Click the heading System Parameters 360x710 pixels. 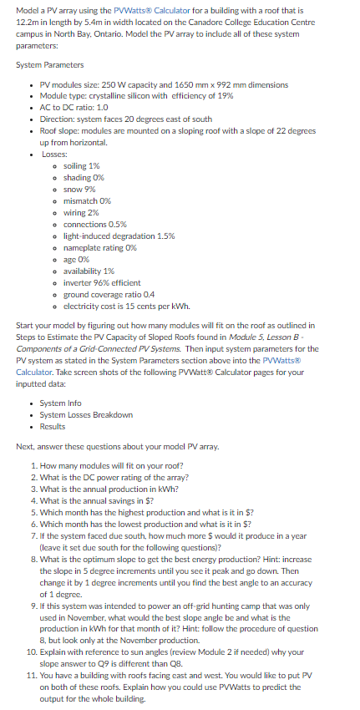coord(49,65)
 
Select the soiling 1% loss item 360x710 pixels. coord(82,166)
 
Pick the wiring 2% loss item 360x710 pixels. coord(82,213)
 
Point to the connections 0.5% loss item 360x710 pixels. coord(95,225)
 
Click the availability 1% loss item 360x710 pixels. coord(89,271)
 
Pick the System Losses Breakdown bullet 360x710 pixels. coord(86,414)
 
